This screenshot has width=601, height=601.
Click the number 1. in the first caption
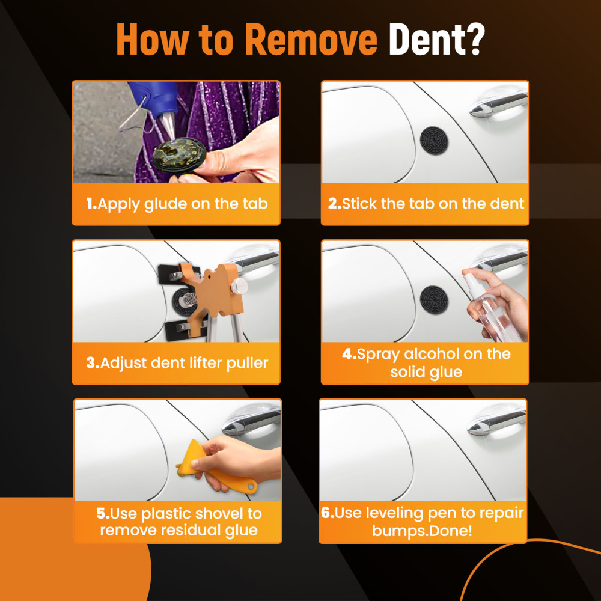[x=91, y=204]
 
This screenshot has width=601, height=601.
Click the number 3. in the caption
[x=92, y=363]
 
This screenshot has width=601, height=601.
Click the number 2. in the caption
[x=335, y=204]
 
